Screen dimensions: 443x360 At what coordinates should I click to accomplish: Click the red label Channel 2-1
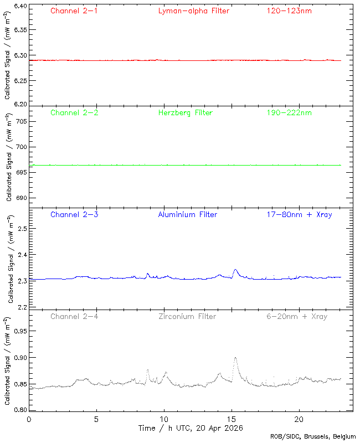pyautogui.click(x=74, y=11)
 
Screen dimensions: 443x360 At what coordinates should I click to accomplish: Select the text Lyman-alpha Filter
pyautogui.click(x=193, y=11)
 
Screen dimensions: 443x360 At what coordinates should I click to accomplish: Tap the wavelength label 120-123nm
pyautogui.click(x=289, y=11)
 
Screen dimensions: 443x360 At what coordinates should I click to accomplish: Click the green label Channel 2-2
pyautogui.click(x=74, y=112)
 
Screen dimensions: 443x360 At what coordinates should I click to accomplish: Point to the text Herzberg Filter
pyautogui.click(x=185, y=112)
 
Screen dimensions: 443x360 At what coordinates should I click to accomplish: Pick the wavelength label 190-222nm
pyautogui.click(x=289, y=112)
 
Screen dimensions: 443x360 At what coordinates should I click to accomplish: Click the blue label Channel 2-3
pyautogui.click(x=74, y=214)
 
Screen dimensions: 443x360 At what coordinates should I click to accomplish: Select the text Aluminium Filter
pyautogui.click(x=187, y=214)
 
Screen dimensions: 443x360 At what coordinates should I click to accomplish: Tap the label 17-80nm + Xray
pyautogui.click(x=299, y=214)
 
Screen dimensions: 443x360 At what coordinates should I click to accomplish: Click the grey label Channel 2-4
pyautogui.click(x=74, y=316)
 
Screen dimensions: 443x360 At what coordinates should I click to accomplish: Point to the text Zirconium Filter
pyautogui.click(x=187, y=316)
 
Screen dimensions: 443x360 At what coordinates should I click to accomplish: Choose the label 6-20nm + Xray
pyautogui.click(x=296, y=316)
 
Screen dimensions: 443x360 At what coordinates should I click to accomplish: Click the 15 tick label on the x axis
pyautogui.click(x=232, y=419)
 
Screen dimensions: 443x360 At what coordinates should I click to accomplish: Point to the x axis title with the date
pyautogui.click(x=190, y=428)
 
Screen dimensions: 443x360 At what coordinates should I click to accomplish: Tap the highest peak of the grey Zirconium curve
pyautogui.click(x=235, y=358)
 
